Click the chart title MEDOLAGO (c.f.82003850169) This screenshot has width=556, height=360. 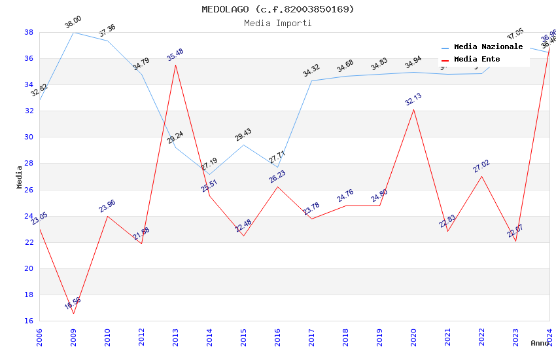[x=278, y=9]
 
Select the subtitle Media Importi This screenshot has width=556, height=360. [x=278, y=23]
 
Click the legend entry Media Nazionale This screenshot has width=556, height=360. [x=488, y=47]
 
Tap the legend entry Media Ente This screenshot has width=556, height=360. [x=477, y=60]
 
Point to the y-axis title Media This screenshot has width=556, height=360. [x=20, y=177]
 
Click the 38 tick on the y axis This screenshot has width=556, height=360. [x=29, y=32]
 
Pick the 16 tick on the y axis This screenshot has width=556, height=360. [x=29, y=321]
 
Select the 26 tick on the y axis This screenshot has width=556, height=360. [x=29, y=190]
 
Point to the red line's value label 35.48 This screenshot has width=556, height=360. [x=175, y=55]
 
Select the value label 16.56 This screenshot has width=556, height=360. [x=73, y=304]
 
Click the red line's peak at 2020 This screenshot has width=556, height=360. [x=413, y=109]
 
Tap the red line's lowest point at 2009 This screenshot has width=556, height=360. [x=73, y=314]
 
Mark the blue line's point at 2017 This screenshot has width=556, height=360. [x=311, y=81]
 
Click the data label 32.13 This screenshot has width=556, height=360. [x=413, y=99]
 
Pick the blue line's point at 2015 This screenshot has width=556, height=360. [x=243, y=145]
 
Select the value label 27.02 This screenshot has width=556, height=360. [x=481, y=166]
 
